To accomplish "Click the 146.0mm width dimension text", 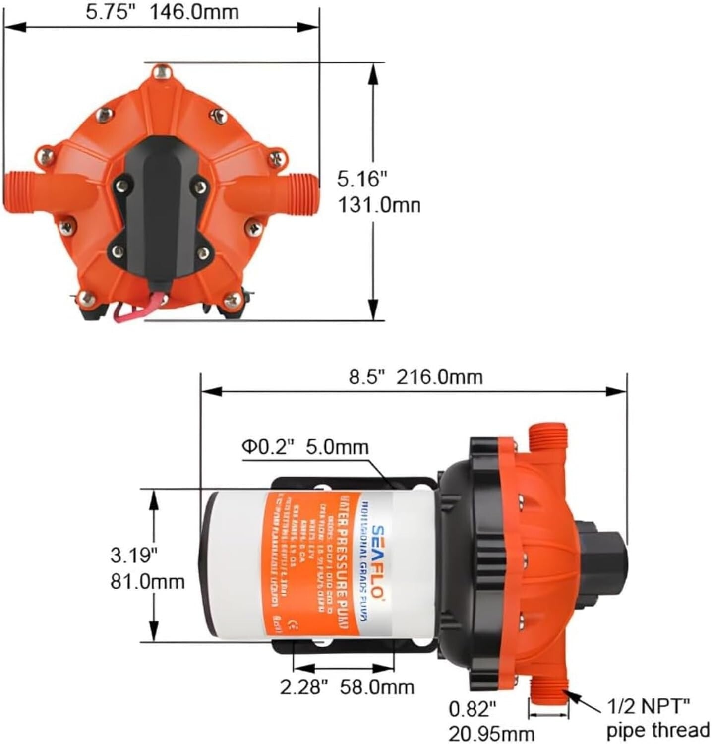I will (194, 11).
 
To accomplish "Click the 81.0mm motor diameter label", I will (147, 581).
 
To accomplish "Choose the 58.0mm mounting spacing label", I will (377, 687).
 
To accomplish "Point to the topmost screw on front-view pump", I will (161, 72).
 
